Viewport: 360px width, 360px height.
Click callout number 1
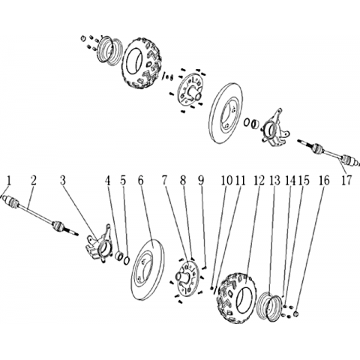9,181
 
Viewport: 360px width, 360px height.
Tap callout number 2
33,181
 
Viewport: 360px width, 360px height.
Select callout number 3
62,181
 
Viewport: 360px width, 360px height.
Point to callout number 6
141,181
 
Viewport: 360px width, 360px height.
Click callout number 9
202,181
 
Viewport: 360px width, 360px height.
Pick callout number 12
259,181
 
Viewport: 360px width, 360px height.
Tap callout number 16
324,181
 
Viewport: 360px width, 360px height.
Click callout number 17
346,180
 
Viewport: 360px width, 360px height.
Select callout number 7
164,181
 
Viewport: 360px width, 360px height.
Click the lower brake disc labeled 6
147,269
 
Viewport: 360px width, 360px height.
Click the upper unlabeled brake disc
226,112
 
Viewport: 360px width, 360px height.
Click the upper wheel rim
109,50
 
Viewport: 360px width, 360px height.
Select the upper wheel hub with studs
190,90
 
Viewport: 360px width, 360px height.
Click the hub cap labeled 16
296,313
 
